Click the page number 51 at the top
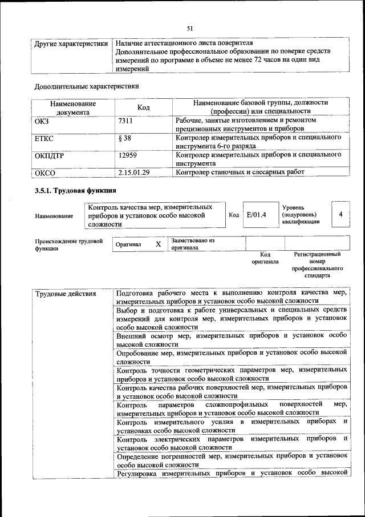coord(190,28)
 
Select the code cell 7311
coord(126,121)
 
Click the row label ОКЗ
coord(43,121)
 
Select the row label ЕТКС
coord(44,138)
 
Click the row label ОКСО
coord(45,172)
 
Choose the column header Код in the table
coord(144,107)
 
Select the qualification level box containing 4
coord(340,214)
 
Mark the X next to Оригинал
coord(159,244)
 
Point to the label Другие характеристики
coord(71,43)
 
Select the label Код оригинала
coord(265,258)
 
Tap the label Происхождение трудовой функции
coord(68,245)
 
